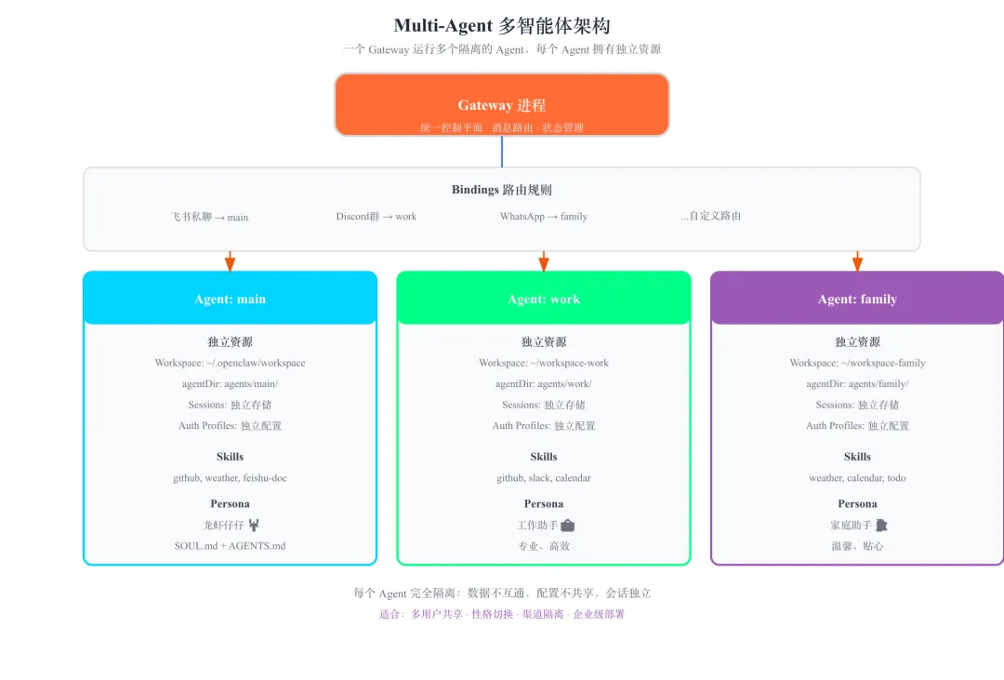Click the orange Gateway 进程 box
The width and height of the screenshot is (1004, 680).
[501, 104]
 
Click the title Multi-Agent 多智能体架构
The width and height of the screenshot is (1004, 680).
[501, 26]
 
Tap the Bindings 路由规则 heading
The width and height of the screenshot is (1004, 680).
[501, 190]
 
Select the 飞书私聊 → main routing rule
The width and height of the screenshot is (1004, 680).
[209, 217]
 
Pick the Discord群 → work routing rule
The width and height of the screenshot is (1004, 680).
[376, 217]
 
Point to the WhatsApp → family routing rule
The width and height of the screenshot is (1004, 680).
[544, 217]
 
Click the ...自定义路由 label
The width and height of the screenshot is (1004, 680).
[711, 216]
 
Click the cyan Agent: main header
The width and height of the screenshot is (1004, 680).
[230, 299]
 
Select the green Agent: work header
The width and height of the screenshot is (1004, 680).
[544, 299]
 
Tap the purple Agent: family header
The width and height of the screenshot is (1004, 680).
[857, 299]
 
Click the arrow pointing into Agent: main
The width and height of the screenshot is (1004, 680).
[231, 262]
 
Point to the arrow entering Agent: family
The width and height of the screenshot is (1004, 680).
[857, 262]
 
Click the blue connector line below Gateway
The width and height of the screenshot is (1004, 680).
[502, 152]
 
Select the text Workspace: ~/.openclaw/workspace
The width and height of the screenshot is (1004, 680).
[230, 363]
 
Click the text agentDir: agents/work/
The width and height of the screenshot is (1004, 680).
[544, 384]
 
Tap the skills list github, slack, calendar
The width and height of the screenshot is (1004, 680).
[544, 478]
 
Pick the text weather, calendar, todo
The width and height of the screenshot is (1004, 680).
[857, 478]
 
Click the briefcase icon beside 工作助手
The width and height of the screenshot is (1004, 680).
[568, 526]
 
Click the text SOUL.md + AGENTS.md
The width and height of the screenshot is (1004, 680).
[230, 546]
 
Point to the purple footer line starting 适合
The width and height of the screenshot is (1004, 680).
[501, 614]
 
